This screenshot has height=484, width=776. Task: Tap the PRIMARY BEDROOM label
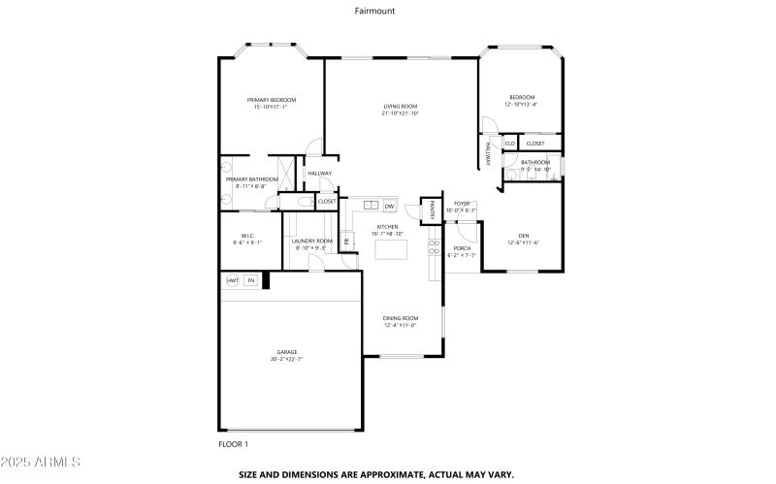(x=271, y=100)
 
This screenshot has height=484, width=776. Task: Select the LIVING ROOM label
(x=400, y=106)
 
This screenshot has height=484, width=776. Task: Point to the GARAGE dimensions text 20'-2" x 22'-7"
(x=286, y=360)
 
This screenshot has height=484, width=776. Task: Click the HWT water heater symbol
(x=233, y=280)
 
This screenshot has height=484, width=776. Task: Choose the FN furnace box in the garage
(x=250, y=280)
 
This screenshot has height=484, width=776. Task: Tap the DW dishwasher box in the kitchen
(x=389, y=206)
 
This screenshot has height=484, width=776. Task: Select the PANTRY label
(x=427, y=209)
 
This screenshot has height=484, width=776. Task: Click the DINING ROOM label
(x=400, y=318)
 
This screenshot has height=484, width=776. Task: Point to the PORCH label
(x=462, y=248)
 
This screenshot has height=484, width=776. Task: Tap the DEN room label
(x=523, y=235)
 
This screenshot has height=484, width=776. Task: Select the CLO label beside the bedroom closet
(x=509, y=144)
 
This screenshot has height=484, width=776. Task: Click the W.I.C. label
(x=247, y=236)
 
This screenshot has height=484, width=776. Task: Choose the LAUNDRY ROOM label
(x=312, y=241)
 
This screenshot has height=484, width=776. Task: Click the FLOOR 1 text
(x=233, y=444)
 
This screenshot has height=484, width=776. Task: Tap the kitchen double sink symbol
(x=371, y=206)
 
